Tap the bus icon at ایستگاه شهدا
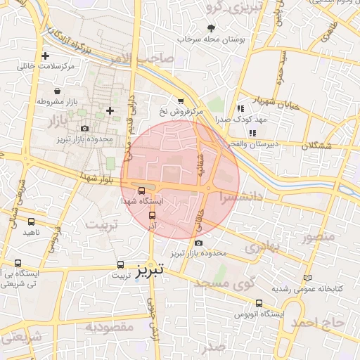142,191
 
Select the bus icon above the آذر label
153,217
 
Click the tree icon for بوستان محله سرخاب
212,29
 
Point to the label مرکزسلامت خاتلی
47,67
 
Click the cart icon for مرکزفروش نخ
181,101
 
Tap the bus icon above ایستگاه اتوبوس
259,304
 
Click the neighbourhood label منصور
319,236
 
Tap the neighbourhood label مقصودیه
109,328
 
